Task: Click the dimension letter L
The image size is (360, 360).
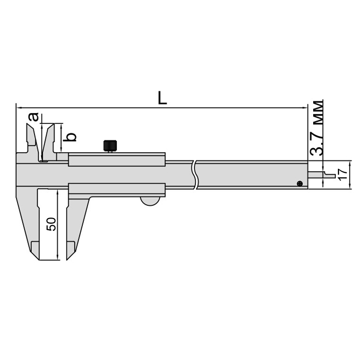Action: (163, 98)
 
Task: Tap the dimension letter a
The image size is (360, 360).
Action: (33, 117)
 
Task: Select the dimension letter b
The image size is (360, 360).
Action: (70, 137)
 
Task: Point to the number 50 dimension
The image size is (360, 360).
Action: (51, 224)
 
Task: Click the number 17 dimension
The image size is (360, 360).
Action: (343, 174)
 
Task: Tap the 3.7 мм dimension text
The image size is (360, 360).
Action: (316, 129)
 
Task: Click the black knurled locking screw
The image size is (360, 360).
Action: (111, 146)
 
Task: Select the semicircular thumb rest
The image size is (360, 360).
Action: (150, 201)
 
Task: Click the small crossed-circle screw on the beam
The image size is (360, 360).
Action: (300, 184)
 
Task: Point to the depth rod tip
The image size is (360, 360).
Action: (334, 176)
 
